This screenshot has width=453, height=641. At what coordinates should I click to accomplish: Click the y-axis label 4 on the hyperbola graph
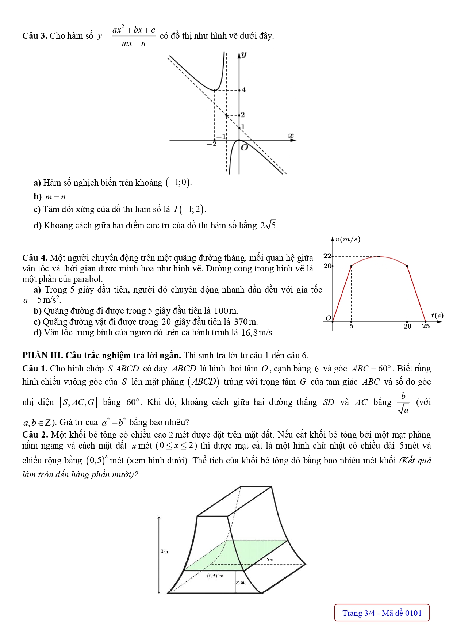[243, 90]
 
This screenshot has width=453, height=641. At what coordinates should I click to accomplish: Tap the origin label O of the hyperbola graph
[244, 148]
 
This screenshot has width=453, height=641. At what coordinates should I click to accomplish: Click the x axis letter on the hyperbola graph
[291, 136]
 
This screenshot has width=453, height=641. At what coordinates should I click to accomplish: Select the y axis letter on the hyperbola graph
[244, 55]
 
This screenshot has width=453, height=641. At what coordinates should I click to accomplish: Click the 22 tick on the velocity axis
[327, 256]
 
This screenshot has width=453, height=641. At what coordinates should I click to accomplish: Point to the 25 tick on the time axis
[426, 326]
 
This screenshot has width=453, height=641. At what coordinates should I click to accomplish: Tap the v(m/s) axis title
[348, 240]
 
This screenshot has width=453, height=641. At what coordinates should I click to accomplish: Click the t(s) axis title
[437, 315]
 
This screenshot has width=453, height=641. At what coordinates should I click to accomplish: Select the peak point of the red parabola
[379, 256]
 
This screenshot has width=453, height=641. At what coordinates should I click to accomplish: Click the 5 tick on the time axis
[351, 326]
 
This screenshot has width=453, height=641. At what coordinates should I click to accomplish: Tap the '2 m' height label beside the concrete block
[164, 552]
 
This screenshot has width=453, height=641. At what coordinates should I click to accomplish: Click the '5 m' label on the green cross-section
[270, 559]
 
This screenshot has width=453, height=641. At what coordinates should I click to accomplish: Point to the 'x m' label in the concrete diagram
[240, 582]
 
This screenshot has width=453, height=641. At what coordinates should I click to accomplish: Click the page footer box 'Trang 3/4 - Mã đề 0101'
[382, 613]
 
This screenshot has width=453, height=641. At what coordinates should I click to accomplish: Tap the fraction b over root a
[403, 403]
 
